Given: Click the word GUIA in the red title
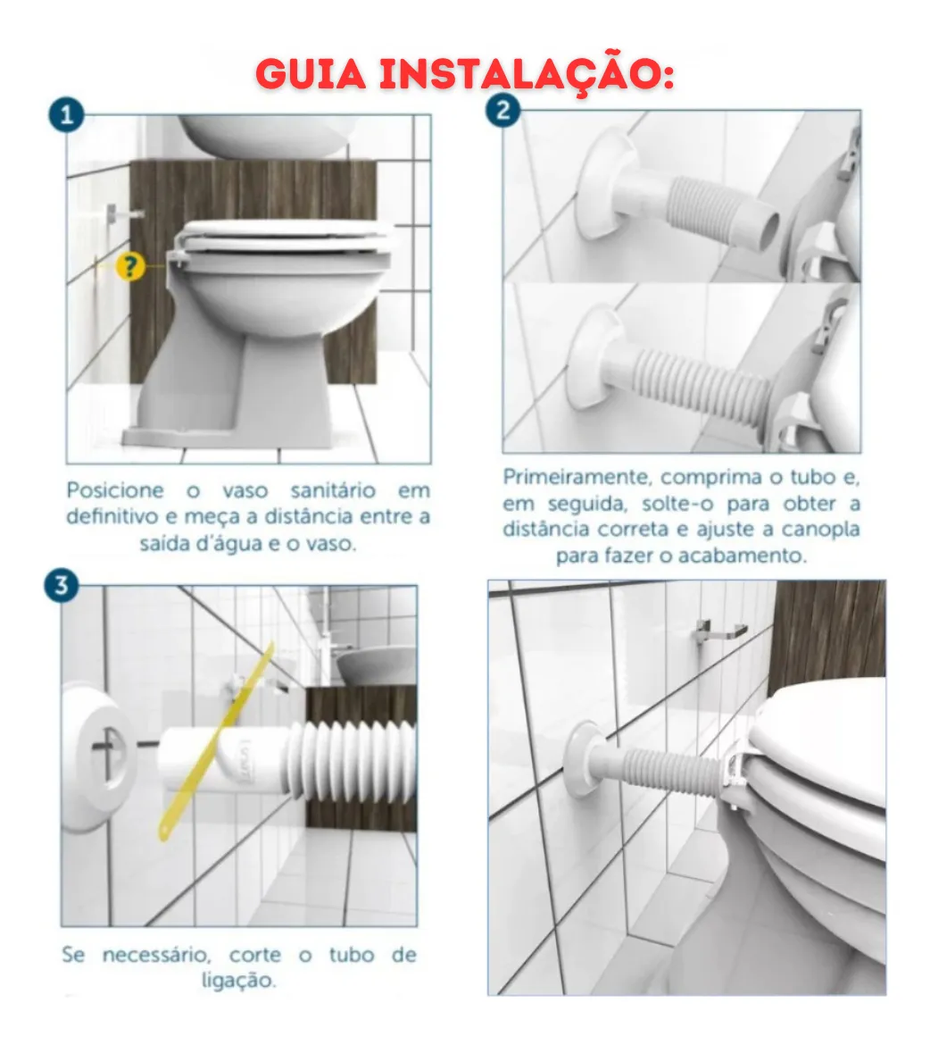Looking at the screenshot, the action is click(311, 74).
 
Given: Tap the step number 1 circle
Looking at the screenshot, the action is click(67, 115).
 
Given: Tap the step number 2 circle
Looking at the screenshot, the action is click(503, 109).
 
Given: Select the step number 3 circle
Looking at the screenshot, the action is click(62, 586).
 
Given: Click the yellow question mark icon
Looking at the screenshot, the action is click(130, 267).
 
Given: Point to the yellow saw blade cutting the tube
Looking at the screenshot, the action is click(217, 739).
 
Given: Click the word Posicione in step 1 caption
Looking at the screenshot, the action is click(115, 490).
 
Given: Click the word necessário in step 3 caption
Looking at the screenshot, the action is click(156, 955).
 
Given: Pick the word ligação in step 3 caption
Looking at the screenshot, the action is click(237, 981).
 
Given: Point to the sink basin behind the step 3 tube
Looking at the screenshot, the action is click(374, 666).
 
